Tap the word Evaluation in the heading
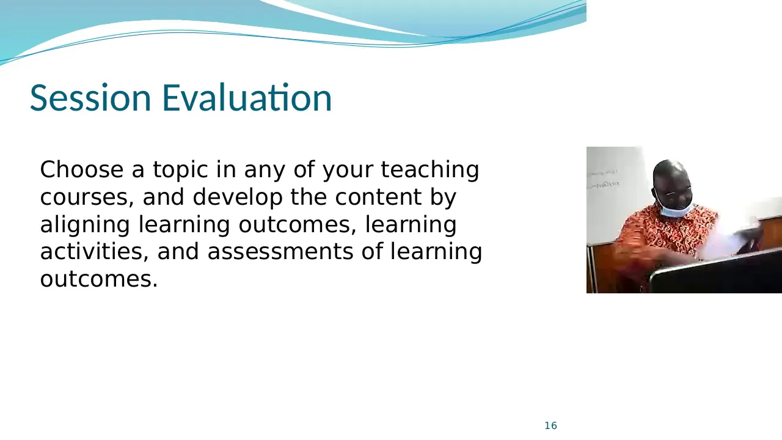click(x=247, y=97)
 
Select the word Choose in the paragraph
click(x=82, y=169)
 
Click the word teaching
click(x=429, y=170)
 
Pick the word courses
click(x=87, y=197)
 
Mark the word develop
click(x=238, y=198)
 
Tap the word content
click(x=378, y=197)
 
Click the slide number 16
click(x=551, y=426)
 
